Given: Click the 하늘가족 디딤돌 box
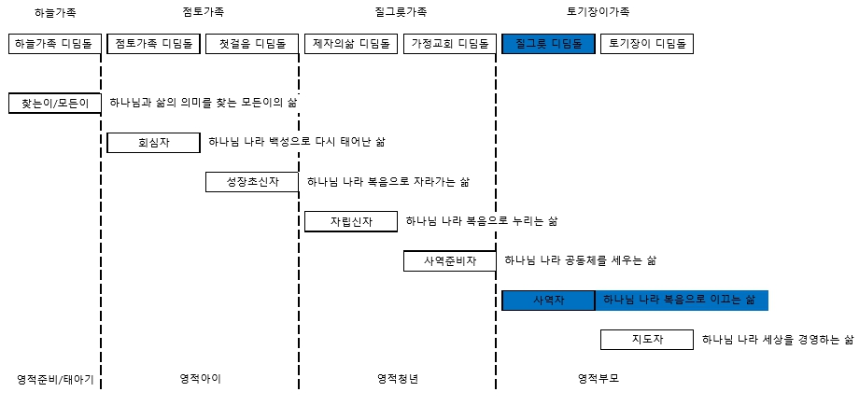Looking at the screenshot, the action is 55,44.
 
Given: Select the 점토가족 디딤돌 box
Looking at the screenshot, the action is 153,44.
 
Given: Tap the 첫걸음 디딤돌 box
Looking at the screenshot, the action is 252,44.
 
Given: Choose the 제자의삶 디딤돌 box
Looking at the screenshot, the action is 351,44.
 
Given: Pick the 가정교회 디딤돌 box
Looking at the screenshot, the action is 450,44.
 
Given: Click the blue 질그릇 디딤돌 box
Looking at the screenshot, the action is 548,44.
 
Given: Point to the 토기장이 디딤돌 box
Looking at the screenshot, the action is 647,44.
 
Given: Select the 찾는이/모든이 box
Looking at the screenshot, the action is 55,103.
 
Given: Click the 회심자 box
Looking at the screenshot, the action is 153,143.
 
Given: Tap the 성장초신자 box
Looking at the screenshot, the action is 252,182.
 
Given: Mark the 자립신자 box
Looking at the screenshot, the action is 351,221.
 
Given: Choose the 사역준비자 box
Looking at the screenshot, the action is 450,260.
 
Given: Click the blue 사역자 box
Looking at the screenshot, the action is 548,301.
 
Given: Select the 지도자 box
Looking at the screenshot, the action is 647,340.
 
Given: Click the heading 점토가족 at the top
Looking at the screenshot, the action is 203,12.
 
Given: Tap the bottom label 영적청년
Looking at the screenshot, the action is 398,379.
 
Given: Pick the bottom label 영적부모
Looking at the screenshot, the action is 598,379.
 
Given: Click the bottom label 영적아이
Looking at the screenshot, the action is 201,379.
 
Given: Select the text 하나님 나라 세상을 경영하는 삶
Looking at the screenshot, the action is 778,340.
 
